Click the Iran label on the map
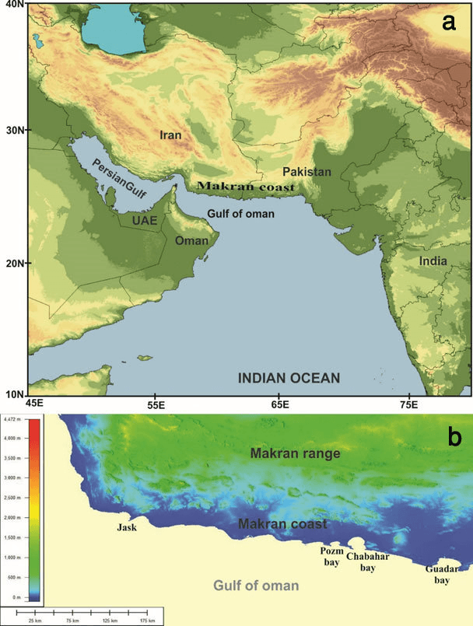170,135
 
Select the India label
433,261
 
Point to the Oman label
191,241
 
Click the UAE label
145,222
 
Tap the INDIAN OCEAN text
289,379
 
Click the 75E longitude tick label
408,405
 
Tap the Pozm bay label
331,556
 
